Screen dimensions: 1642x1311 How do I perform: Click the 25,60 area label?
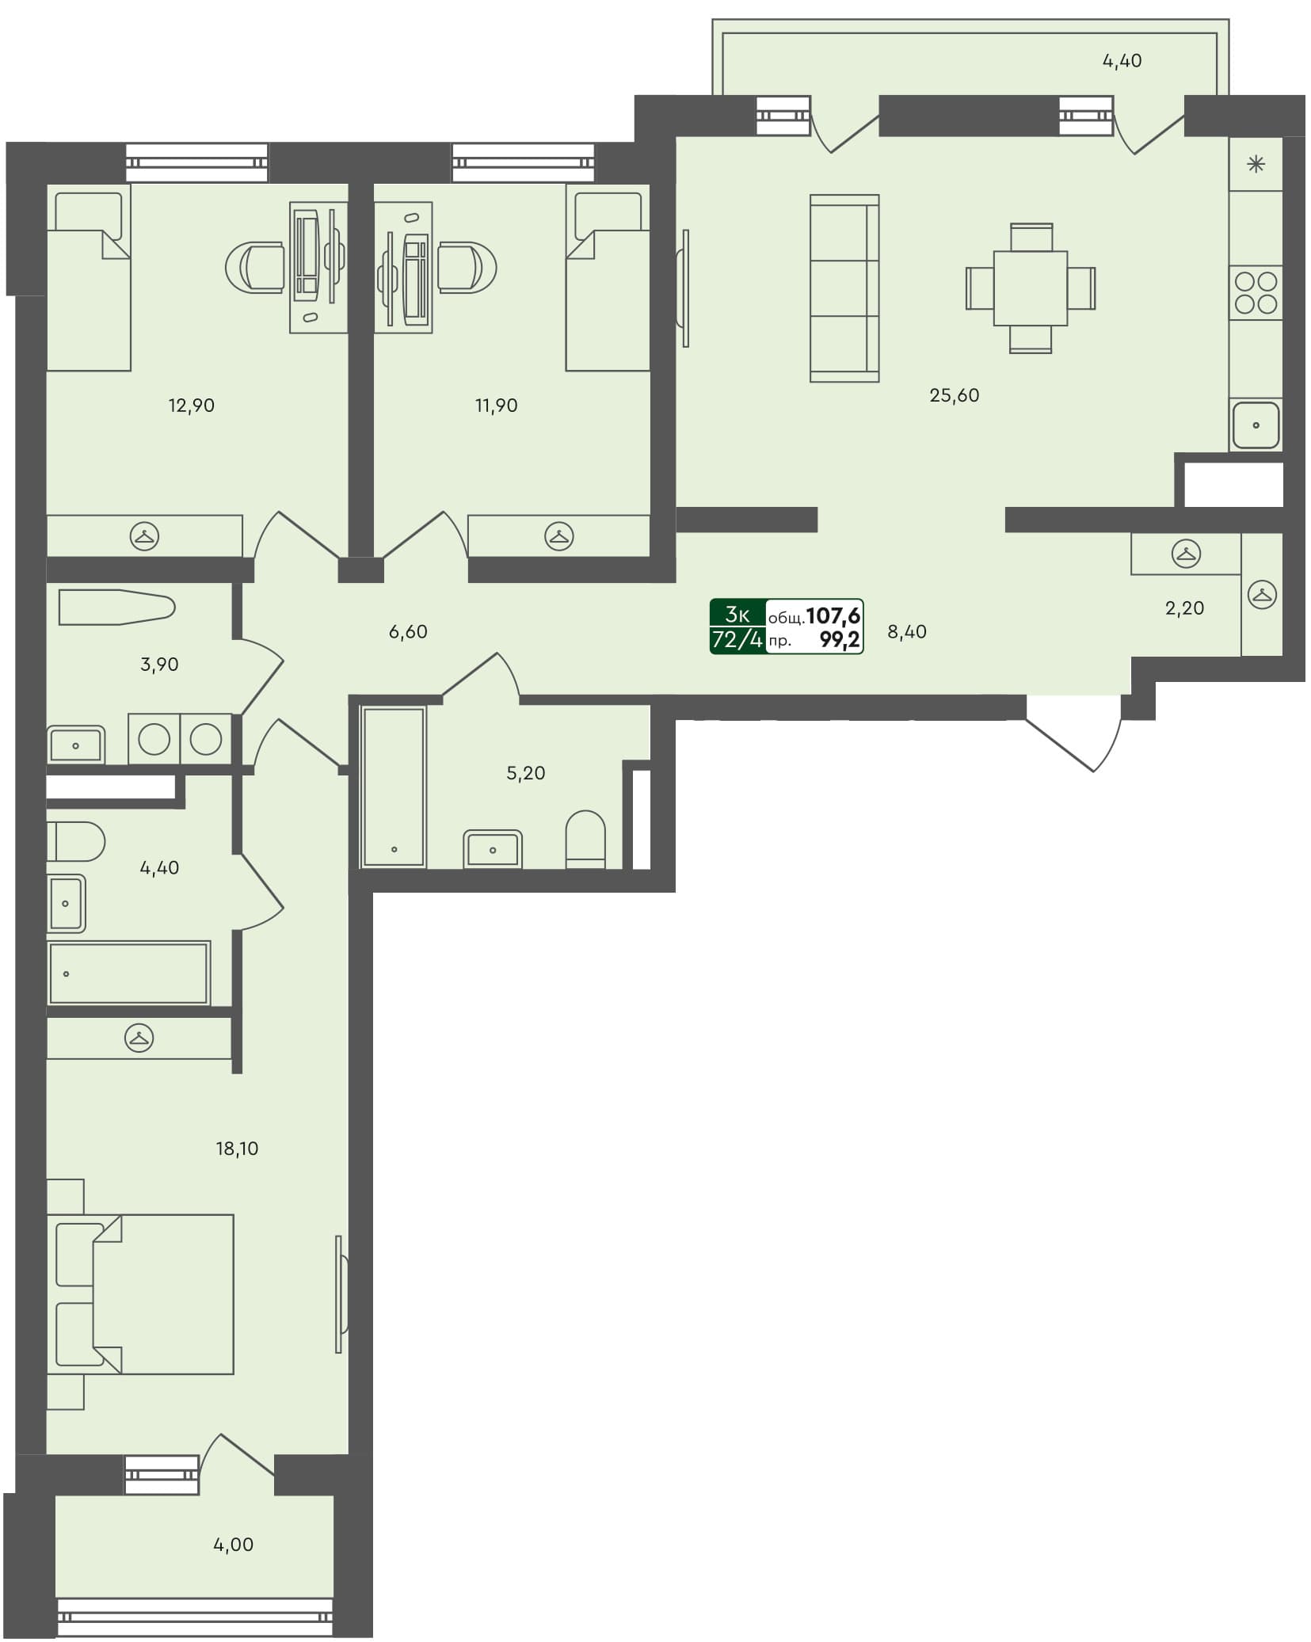click(954, 395)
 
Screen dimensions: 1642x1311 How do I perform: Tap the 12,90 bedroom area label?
click(191, 406)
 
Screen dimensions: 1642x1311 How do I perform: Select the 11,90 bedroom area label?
click(496, 406)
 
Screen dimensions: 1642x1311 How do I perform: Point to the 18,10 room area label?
click(237, 1149)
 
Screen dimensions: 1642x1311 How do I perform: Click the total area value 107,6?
click(833, 615)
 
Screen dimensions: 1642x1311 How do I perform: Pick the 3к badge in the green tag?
click(737, 614)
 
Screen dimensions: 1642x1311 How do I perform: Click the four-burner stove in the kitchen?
click(1256, 293)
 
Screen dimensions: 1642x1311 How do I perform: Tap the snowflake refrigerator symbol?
click(1256, 165)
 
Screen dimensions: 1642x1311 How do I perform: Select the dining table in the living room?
click(1030, 288)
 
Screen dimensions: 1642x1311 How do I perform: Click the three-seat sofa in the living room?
click(844, 288)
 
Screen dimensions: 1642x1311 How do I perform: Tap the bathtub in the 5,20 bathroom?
click(394, 787)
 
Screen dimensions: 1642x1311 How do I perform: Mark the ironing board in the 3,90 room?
click(116, 608)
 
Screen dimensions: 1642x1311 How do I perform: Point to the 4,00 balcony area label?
click(233, 1544)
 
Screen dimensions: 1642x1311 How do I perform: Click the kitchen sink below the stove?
click(1255, 425)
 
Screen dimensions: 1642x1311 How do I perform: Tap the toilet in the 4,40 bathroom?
click(75, 841)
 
